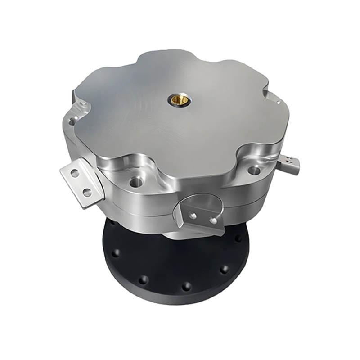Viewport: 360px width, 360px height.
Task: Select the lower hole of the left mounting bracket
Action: point(86,193)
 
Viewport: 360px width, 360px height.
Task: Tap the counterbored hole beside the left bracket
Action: point(134,182)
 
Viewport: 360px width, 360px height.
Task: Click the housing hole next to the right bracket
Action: point(254,170)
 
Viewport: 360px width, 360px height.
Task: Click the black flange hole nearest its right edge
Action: point(238,238)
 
